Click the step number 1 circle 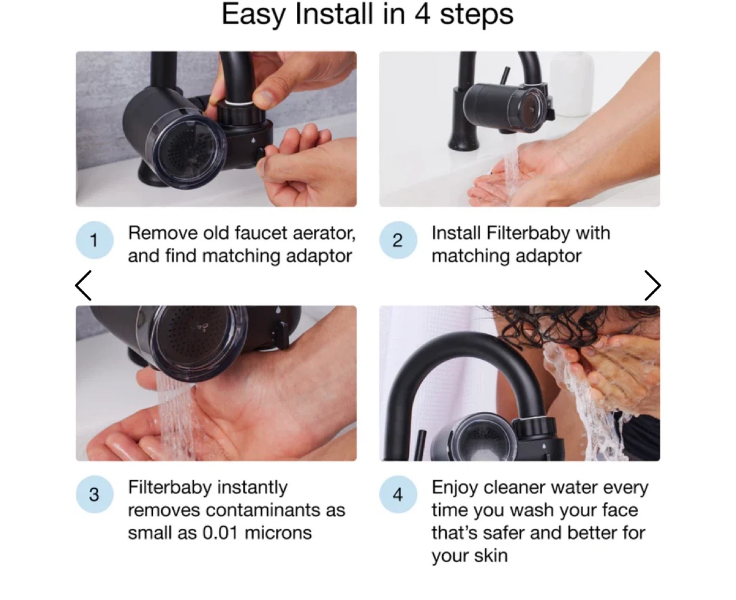tap(95, 240)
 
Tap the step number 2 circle tap(398, 240)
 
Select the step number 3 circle tap(95, 494)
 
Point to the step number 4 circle tap(398, 494)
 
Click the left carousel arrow tap(83, 286)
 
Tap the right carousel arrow tap(653, 286)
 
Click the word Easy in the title tap(254, 15)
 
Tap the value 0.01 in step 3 tap(220, 533)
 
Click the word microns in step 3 tap(278, 533)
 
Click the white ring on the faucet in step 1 tap(239, 103)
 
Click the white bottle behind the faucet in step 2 tap(572, 83)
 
